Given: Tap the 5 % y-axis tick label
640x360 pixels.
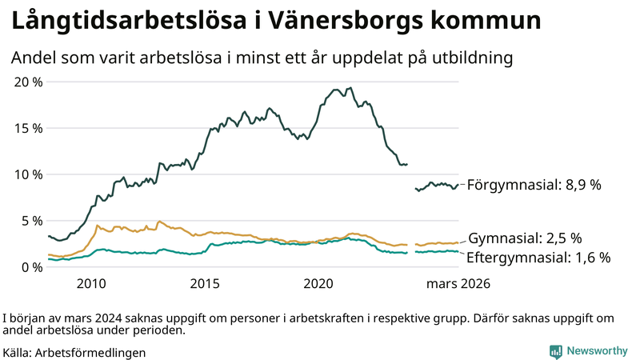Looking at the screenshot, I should coord(32,221).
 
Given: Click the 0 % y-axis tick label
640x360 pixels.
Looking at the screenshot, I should coord(32,267).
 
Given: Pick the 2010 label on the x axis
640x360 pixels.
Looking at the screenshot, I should coord(91,284).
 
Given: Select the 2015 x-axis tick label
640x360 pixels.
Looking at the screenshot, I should coord(205,284).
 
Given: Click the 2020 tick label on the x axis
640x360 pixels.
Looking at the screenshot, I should coord(319,284).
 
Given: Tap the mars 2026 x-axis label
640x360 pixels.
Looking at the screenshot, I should coord(458,284).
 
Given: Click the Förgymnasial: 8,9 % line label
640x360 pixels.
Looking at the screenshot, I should coord(534,184).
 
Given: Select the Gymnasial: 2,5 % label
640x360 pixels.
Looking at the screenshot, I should coord(524,238).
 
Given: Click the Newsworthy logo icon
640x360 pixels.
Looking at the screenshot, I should coord(555,350).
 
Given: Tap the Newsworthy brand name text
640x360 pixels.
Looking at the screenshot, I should coord(597,350).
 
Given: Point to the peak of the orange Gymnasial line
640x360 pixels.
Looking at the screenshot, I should coord(159,222).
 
